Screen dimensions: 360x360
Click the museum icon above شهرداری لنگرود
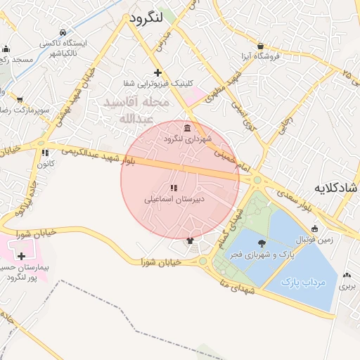[186, 128]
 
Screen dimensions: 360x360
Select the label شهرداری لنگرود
[183, 139]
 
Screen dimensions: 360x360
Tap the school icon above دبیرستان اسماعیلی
[173, 188]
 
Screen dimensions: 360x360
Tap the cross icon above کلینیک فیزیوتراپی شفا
[157, 72]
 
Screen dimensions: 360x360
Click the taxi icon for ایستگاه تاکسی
[63, 32]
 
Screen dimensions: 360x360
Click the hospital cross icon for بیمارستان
[21, 256]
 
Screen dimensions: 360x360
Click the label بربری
[347, 286]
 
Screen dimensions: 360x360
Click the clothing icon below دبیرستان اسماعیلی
[189, 240]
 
